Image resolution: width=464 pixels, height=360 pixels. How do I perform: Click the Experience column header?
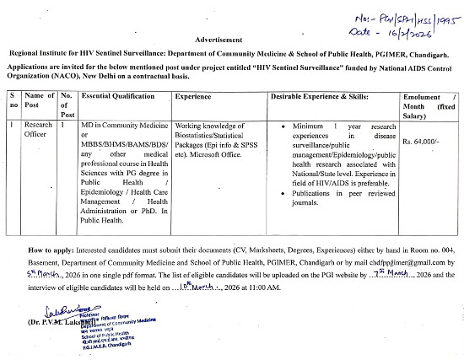(193, 98)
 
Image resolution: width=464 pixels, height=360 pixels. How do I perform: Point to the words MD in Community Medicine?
(126, 125)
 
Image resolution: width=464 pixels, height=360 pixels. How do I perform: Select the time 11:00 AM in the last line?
(261, 288)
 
